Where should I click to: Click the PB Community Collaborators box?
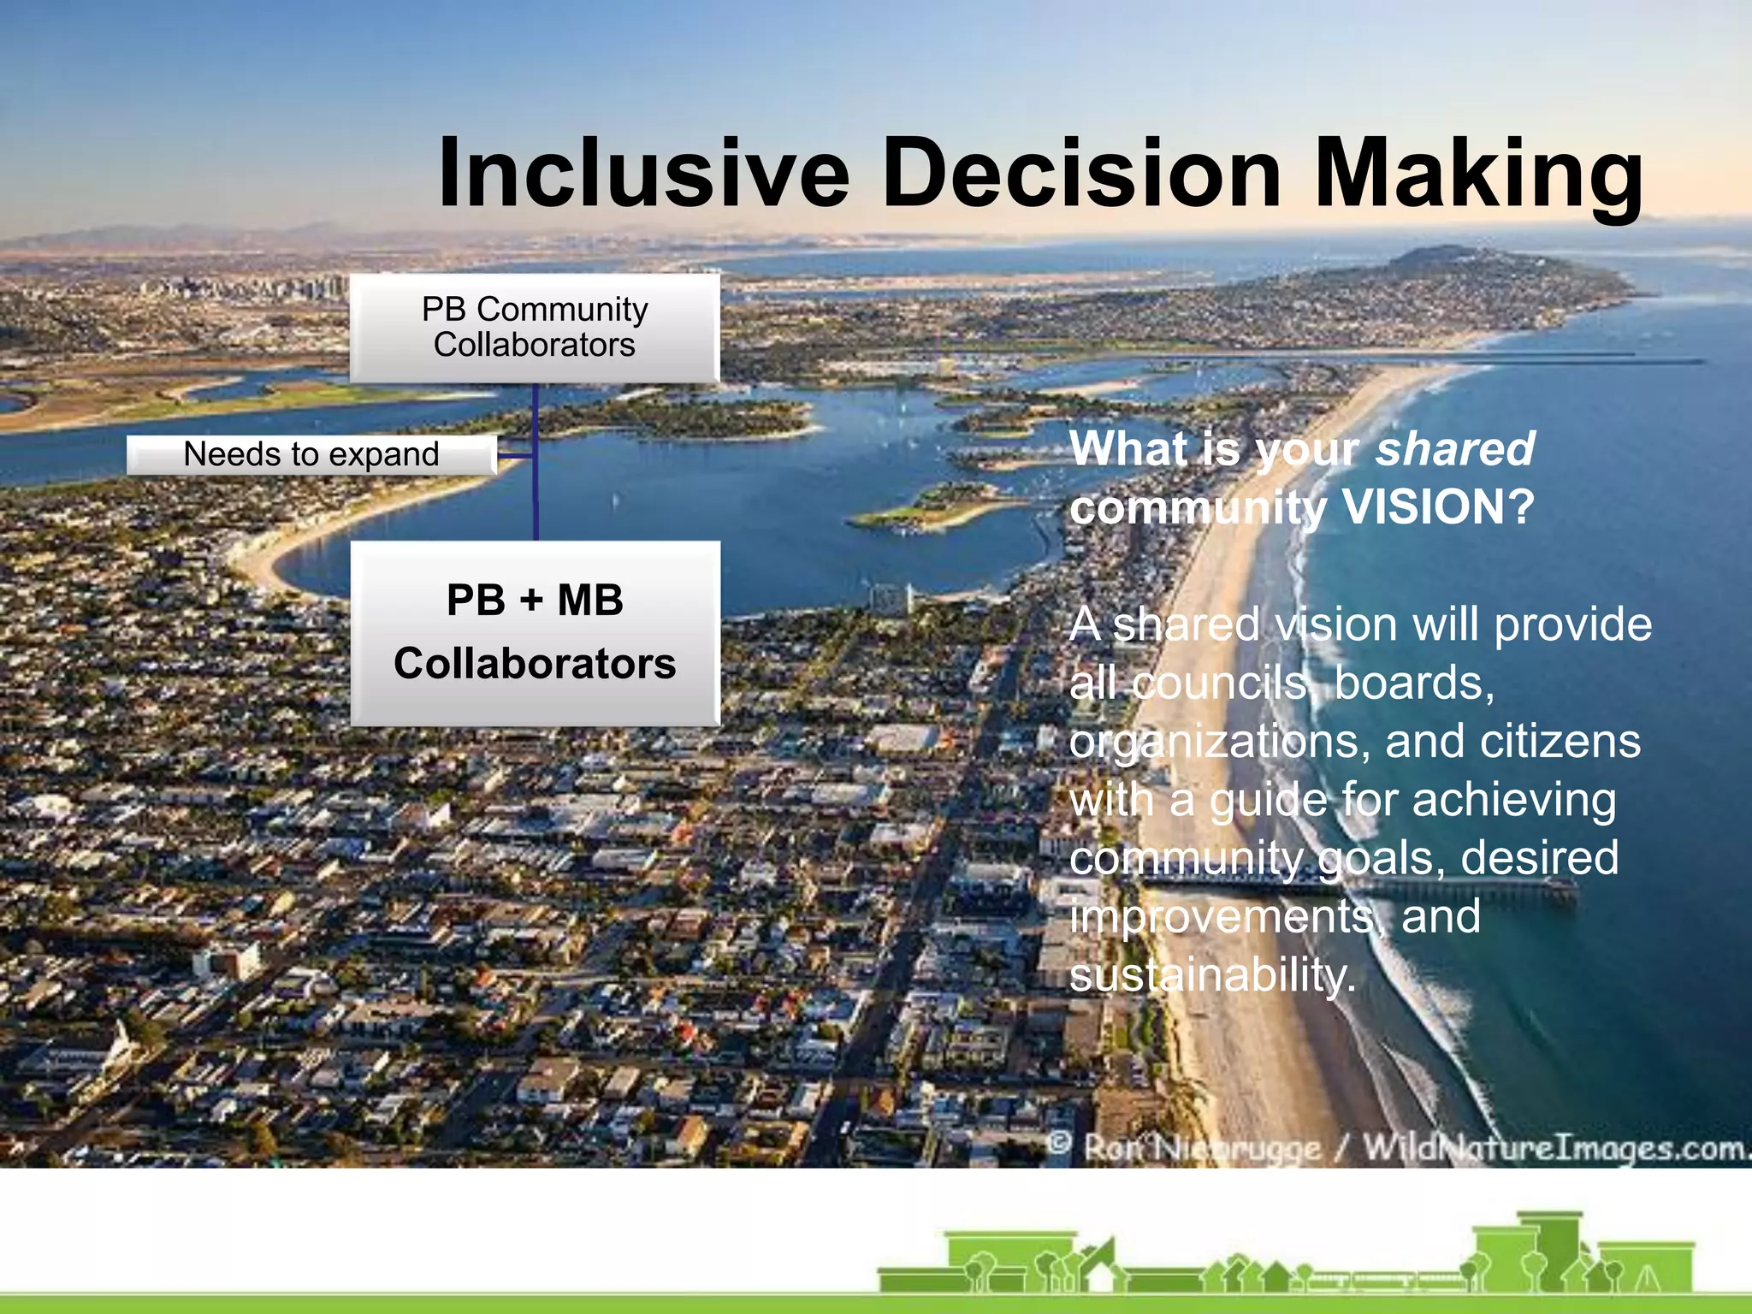click(535, 328)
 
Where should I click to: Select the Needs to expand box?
click(311, 454)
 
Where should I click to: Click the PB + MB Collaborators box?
click(535, 633)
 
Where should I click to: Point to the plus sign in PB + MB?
click(531, 601)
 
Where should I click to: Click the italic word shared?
click(1454, 449)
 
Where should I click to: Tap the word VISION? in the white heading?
click(1438, 507)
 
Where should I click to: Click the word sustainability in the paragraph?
click(1210, 975)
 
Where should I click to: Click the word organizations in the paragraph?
click(1219, 742)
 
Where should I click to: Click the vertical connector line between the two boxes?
click(536, 505)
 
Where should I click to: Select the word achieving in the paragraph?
click(1513, 801)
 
